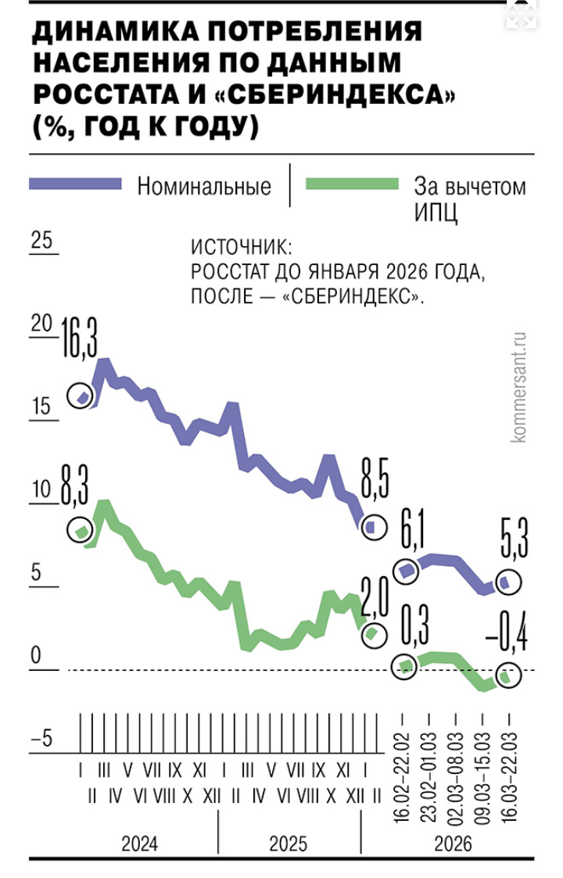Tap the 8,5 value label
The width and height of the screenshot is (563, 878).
pyautogui.click(x=374, y=486)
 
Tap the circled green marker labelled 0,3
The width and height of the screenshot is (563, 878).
pyautogui.click(x=405, y=666)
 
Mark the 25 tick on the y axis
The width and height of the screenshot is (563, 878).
pyautogui.click(x=41, y=242)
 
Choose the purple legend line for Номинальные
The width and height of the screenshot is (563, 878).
pyautogui.click(x=76, y=185)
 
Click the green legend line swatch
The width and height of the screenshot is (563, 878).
pyautogui.click(x=352, y=185)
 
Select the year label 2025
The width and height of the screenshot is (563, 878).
pyautogui.click(x=289, y=844)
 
